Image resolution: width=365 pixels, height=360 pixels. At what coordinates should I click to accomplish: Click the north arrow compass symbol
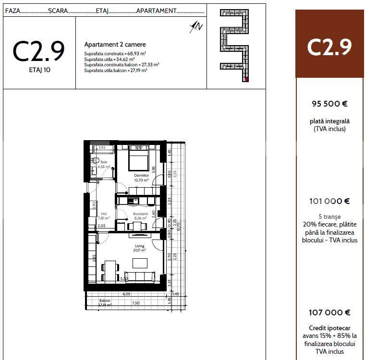click(x=196, y=27)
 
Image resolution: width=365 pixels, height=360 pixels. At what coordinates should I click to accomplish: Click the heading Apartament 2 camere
click(x=109, y=44)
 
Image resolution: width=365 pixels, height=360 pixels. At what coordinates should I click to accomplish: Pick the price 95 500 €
click(x=329, y=103)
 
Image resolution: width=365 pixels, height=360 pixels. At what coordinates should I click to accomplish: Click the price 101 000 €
click(x=329, y=201)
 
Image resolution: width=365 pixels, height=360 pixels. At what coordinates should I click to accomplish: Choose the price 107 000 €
click(x=329, y=312)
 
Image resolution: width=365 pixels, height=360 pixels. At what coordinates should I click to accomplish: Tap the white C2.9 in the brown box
click(x=329, y=47)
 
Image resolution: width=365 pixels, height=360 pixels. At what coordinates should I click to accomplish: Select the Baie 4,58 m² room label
click(x=104, y=165)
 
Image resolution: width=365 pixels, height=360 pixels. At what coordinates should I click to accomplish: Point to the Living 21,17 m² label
click(x=139, y=248)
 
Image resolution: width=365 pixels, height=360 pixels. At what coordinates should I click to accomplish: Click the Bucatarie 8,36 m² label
click(x=134, y=215)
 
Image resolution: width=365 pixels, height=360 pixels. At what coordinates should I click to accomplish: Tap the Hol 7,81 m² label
click(x=104, y=215)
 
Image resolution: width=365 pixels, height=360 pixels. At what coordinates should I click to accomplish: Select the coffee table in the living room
click(x=140, y=263)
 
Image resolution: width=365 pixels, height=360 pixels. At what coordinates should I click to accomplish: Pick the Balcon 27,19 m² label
click(x=105, y=302)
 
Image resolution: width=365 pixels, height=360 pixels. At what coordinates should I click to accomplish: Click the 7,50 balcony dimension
click(x=135, y=303)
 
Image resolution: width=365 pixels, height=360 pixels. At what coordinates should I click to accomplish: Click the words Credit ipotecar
click(x=329, y=328)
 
